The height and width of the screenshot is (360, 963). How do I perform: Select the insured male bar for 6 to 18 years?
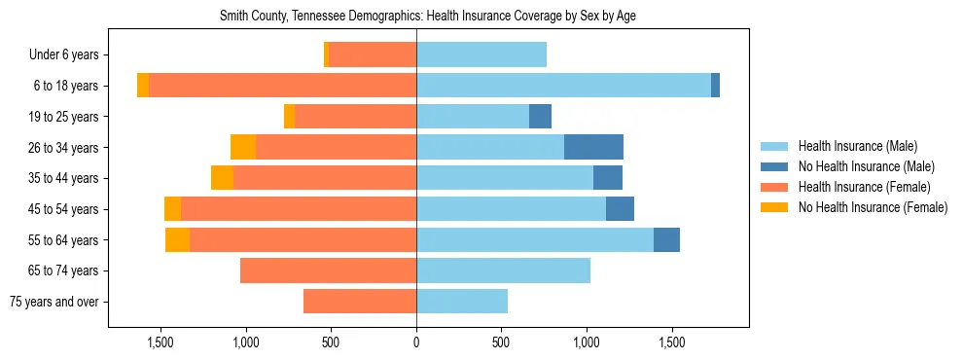[563, 86]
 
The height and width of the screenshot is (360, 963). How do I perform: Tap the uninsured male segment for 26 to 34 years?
[593, 147]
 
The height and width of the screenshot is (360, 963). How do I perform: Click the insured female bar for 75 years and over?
[360, 302]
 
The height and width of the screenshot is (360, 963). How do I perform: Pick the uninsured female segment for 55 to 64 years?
[177, 240]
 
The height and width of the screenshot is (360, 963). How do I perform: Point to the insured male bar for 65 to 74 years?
[503, 270]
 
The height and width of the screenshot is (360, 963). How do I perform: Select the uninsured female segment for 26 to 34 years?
[243, 147]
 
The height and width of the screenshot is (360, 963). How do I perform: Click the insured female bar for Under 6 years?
[373, 54]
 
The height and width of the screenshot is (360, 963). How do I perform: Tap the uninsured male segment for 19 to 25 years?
[540, 117]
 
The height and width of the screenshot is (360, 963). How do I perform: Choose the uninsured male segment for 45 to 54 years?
[620, 209]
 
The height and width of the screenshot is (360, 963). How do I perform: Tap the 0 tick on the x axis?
[416, 342]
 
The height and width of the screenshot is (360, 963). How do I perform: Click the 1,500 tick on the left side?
[160, 342]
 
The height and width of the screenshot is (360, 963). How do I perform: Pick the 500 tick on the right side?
[501, 342]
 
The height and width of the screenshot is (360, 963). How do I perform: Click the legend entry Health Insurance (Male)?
[857, 146]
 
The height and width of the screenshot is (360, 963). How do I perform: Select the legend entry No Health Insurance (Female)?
[873, 207]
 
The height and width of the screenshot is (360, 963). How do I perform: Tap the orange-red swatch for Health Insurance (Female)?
[774, 187]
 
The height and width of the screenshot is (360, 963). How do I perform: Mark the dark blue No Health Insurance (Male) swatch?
[774, 166]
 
